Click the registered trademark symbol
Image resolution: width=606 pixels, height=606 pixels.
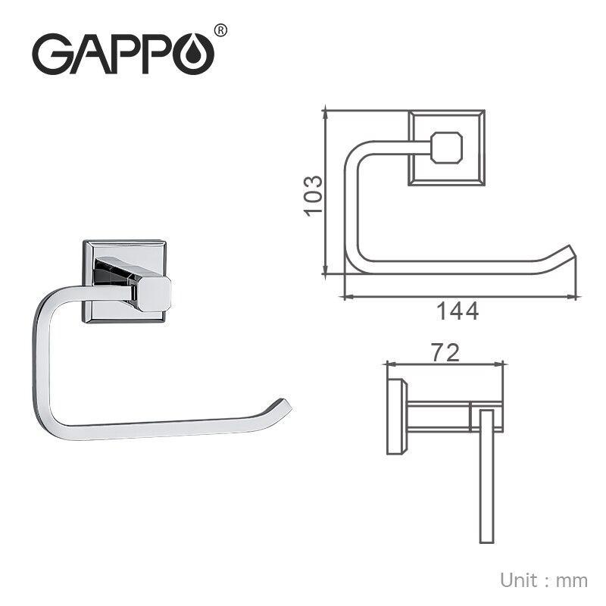pyautogui.click(x=220, y=30)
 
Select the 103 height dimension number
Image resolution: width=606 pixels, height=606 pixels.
pyautogui.click(x=313, y=195)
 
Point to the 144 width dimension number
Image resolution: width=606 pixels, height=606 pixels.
pyautogui.click(x=458, y=311)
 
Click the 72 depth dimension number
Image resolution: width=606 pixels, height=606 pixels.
pyautogui.click(x=445, y=352)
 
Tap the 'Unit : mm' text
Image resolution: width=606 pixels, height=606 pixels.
pyautogui.click(x=543, y=580)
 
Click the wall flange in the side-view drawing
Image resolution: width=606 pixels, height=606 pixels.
pyautogui.click(x=395, y=416)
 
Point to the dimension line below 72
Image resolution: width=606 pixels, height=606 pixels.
pyautogui.click(x=445, y=364)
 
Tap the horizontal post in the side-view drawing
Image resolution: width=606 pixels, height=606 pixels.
pyautogui.click(x=439, y=416)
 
